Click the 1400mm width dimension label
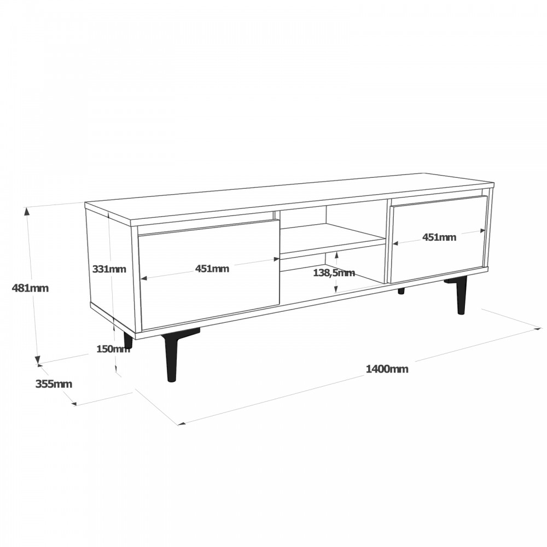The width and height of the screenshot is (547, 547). (387, 369)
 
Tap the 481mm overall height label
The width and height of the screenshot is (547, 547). (30, 288)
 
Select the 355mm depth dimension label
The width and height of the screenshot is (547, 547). (54, 383)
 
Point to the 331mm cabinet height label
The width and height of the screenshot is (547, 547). (109, 269)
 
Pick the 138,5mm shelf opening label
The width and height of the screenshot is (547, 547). (334, 272)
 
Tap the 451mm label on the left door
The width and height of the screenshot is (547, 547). (213, 268)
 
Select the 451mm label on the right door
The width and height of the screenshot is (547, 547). (439, 237)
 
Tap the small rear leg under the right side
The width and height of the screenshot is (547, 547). (401, 290)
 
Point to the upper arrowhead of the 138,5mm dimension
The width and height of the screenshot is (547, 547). (335, 253)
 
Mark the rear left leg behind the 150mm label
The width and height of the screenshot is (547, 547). (128, 340)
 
